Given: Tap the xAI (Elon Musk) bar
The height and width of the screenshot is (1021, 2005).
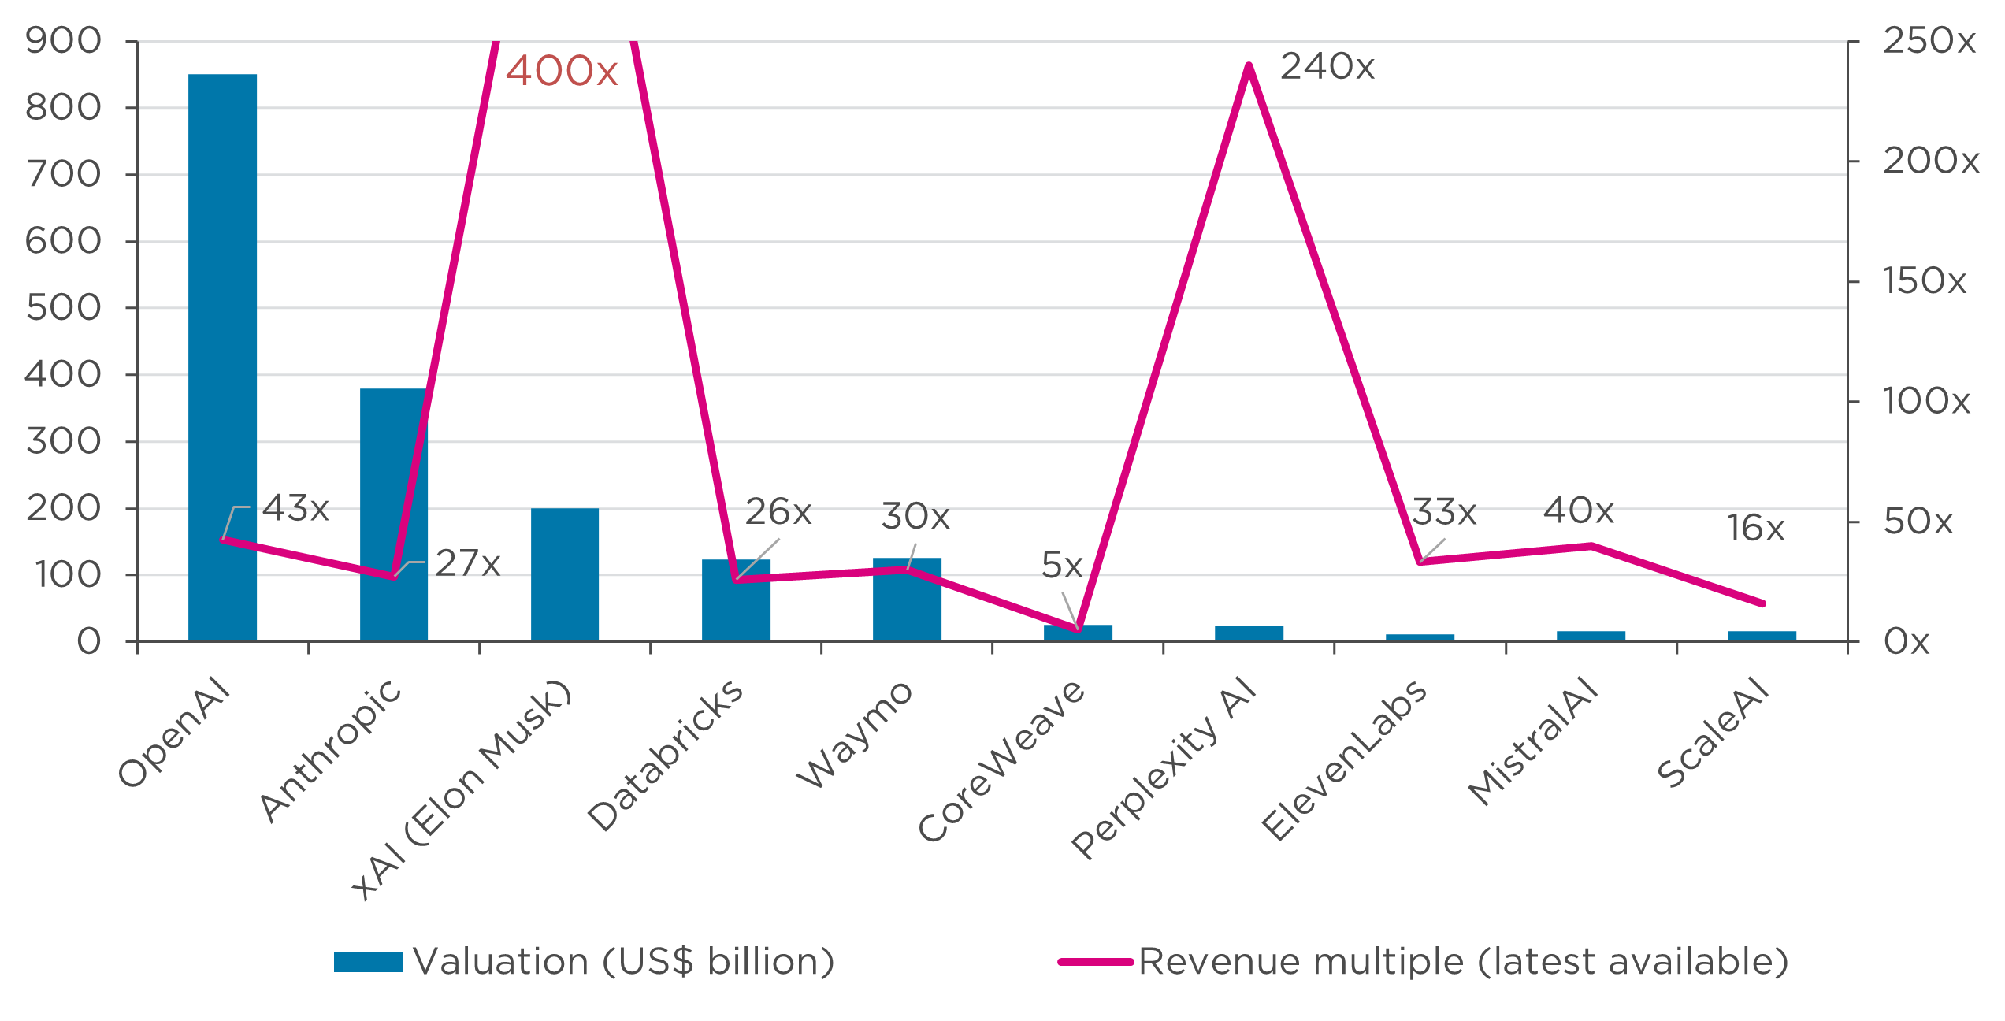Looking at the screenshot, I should pyautogui.click(x=564, y=575).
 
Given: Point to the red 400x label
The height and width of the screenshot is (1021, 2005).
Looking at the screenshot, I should pyautogui.click(x=562, y=71).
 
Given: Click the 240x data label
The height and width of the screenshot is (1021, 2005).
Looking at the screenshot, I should pyautogui.click(x=1327, y=67).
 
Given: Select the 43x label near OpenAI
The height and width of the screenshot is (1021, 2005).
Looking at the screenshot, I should pyautogui.click(x=295, y=508).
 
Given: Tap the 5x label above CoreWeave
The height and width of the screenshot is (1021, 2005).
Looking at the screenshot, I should pyautogui.click(x=1062, y=565).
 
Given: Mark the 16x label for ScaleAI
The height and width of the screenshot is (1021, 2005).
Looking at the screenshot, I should pyautogui.click(x=1756, y=528).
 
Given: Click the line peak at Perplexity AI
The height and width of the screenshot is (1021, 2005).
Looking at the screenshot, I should pyautogui.click(x=1249, y=65).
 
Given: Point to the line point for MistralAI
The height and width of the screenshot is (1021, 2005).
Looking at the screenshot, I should pyautogui.click(x=1591, y=545).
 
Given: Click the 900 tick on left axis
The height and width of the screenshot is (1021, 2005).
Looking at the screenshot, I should pyautogui.click(x=63, y=40).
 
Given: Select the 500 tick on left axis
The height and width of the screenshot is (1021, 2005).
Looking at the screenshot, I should pyautogui.click(x=63, y=307).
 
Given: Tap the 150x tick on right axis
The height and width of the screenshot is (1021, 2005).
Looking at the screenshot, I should pyautogui.click(x=1925, y=281).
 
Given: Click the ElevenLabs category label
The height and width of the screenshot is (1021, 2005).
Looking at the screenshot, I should pyautogui.click(x=1344, y=760).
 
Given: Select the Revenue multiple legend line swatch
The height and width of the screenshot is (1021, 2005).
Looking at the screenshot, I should pyautogui.click(x=1095, y=962).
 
